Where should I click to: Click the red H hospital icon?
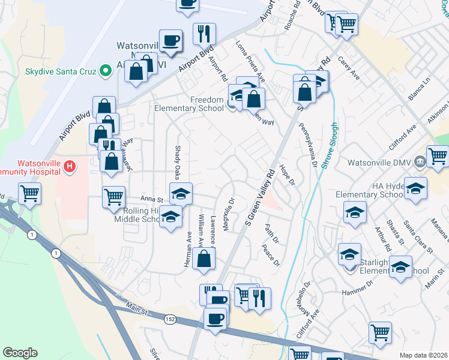click(x=70, y=166)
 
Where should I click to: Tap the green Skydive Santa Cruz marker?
click(x=106, y=71)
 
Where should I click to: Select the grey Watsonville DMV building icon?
click(x=420, y=160)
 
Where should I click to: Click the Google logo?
click(x=20, y=353)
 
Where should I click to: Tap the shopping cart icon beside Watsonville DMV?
click(x=438, y=155)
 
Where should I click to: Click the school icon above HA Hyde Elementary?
click(x=416, y=188)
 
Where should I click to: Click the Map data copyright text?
click(x=423, y=355)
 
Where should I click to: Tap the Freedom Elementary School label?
click(x=190, y=104)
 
